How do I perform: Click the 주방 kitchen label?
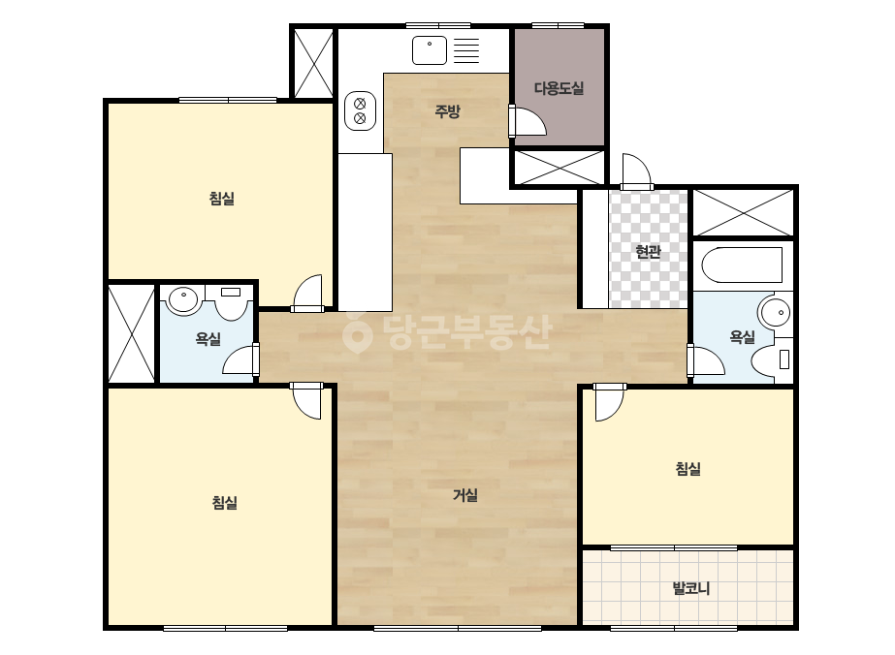447,111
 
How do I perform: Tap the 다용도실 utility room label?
559,88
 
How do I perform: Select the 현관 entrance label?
648,252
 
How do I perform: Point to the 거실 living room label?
465,495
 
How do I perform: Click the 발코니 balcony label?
691,588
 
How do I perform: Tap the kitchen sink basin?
430,50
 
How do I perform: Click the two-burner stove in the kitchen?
360,110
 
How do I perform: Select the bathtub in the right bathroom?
742,265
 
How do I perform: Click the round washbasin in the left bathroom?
182,300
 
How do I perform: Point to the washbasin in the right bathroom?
775,313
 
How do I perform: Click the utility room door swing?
527,121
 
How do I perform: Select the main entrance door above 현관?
636,171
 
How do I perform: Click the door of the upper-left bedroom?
307,294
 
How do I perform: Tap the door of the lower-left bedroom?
306,401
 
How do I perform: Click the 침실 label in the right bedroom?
687,469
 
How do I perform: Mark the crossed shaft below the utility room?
559,168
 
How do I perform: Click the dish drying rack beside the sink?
466,50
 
